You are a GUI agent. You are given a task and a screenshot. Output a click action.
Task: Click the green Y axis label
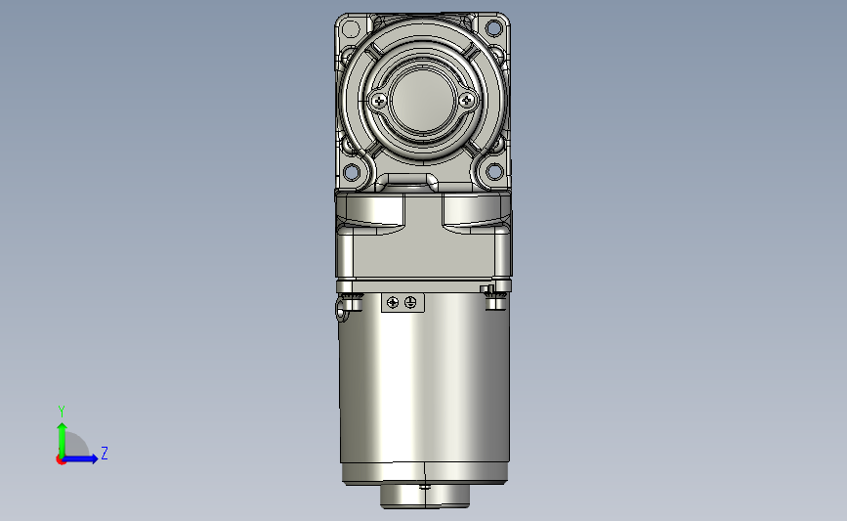61,412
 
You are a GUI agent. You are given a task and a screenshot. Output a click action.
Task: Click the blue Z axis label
105,453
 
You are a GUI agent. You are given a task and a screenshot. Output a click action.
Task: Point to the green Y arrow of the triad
63,440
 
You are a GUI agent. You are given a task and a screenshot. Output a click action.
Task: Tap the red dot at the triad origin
61,460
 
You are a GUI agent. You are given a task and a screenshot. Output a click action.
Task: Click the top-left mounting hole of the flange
351,28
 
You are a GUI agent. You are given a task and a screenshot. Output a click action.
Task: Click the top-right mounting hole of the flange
493,27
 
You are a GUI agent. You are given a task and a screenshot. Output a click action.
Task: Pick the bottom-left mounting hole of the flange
351,172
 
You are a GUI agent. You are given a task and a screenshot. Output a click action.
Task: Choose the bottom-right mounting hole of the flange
494,172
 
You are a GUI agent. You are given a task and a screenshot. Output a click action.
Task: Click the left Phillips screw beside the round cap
379,101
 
